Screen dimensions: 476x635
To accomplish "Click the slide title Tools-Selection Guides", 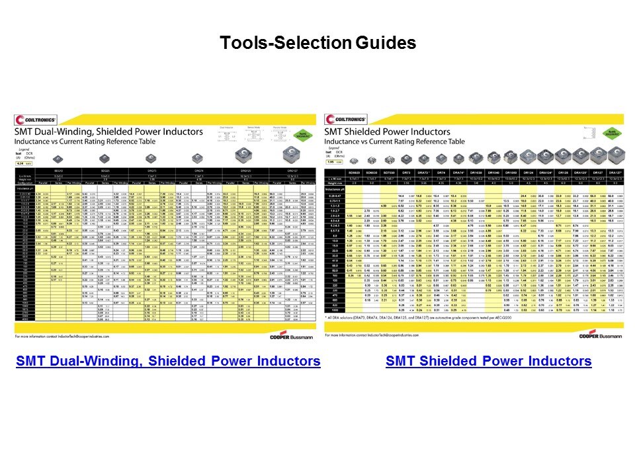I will pyautogui.click(x=317, y=44).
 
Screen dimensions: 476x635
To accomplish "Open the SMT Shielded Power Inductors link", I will pyautogui.click(x=488, y=361).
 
